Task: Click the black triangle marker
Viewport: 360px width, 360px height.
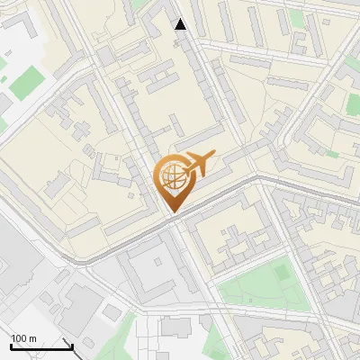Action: (x=181, y=24)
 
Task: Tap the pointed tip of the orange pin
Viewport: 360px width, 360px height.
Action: (x=172, y=211)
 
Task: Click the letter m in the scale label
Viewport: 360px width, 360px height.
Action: (x=33, y=338)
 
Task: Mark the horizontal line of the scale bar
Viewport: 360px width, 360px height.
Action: (x=40, y=346)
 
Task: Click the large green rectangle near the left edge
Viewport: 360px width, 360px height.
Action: (x=26, y=82)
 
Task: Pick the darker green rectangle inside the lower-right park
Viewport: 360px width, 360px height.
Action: (x=281, y=271)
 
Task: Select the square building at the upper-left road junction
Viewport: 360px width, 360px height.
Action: (x=105, y=56)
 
